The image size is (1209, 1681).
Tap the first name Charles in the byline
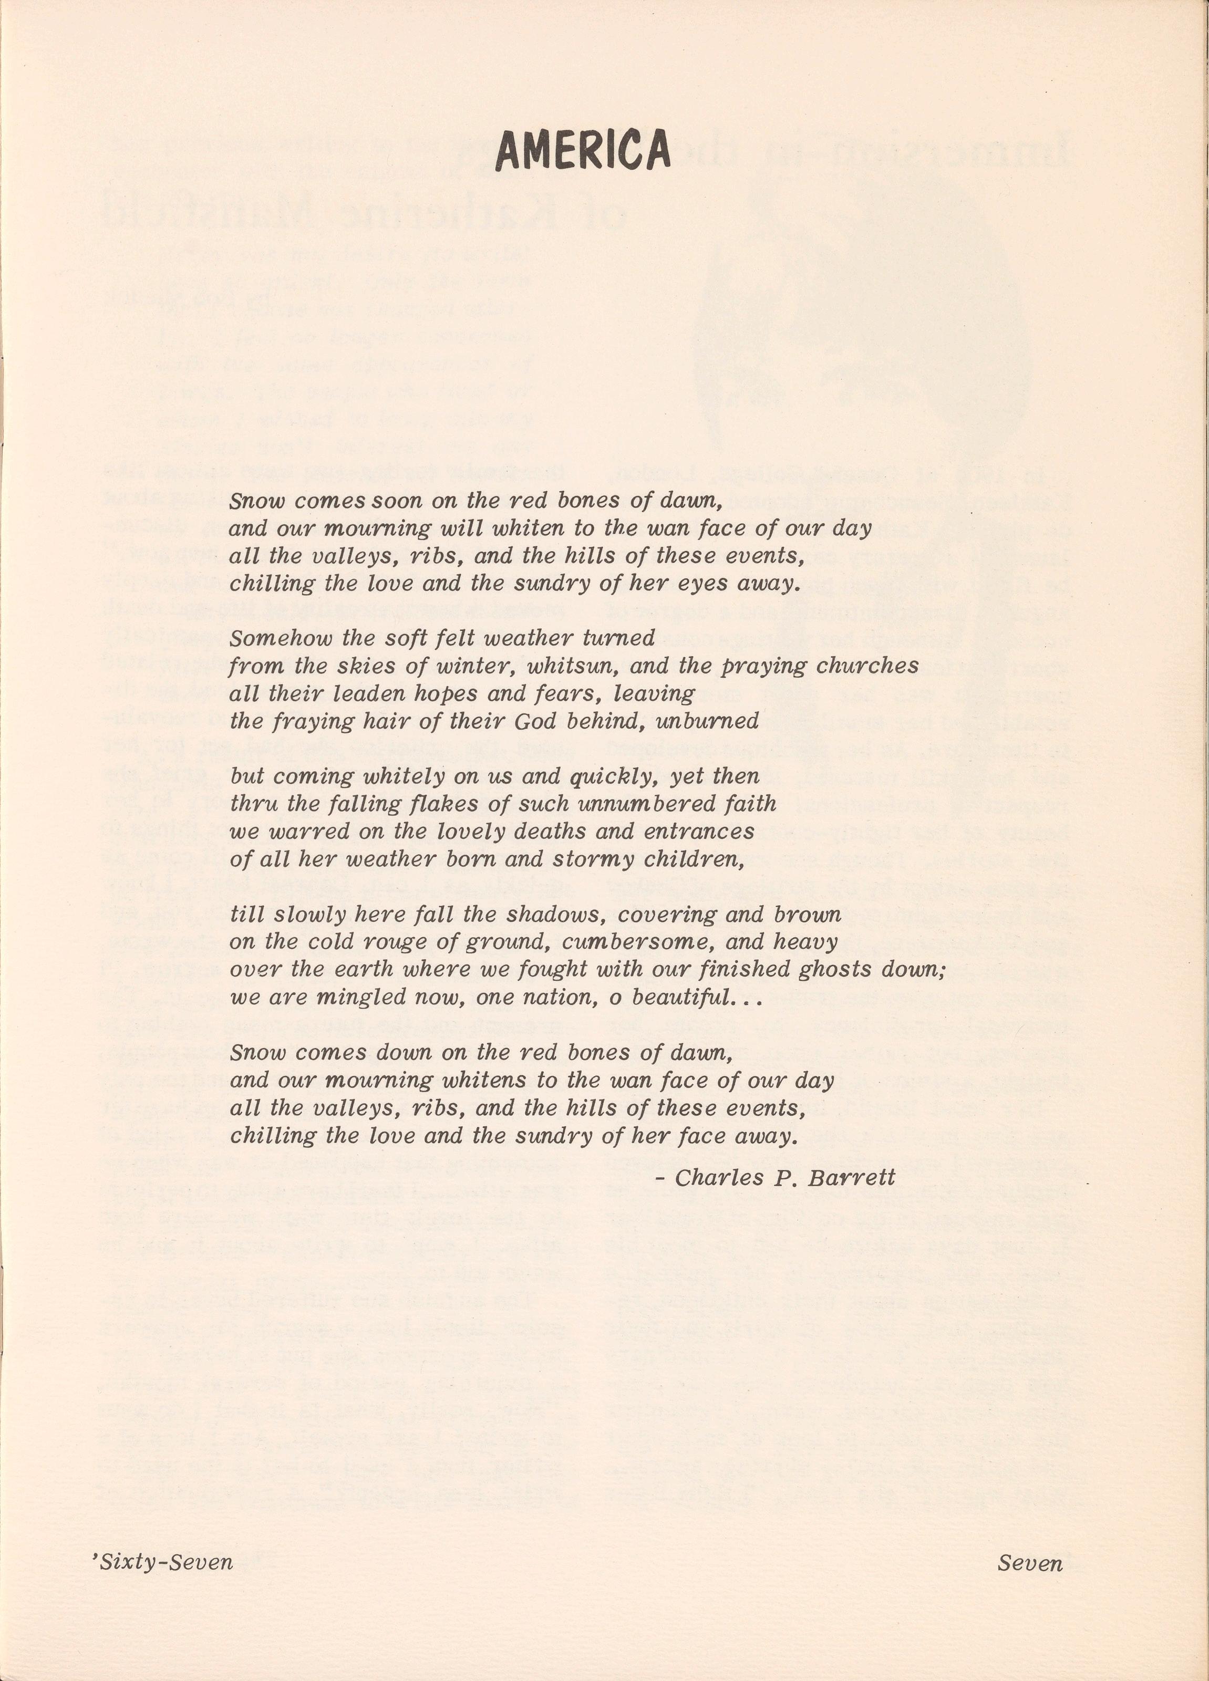711,1177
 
